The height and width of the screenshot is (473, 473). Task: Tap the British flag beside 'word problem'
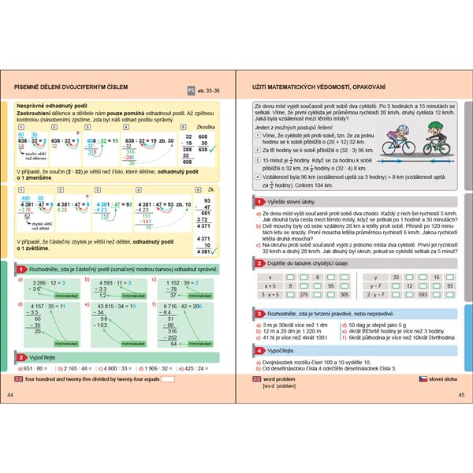[x=256, y=379]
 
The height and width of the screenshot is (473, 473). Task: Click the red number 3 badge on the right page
[x=249, y=313]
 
